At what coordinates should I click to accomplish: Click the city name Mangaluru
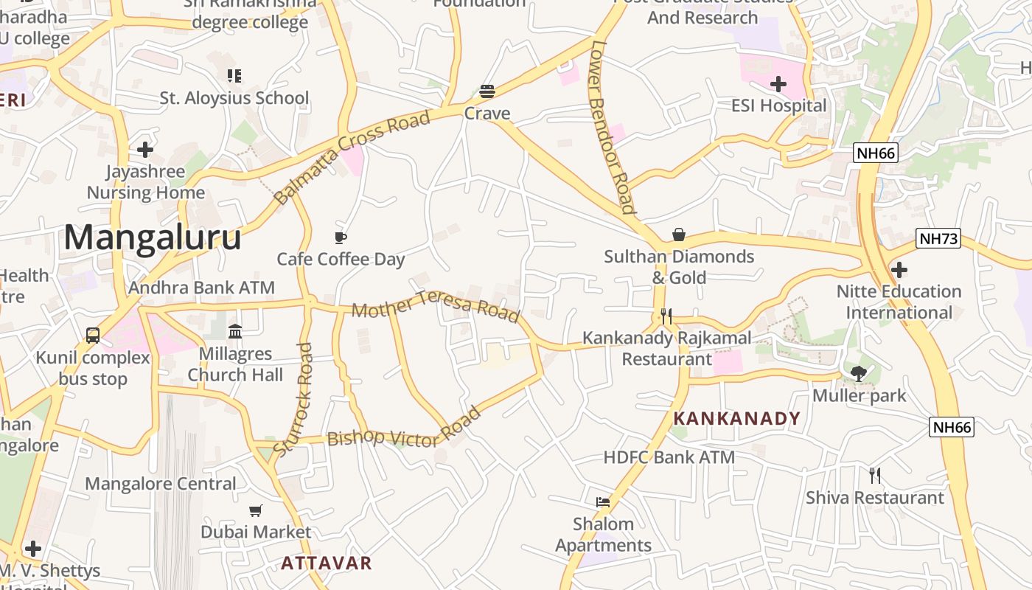tap(153, 237)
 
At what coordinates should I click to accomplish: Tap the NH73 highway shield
tap(938, 238)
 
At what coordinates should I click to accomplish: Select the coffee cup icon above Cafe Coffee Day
tap(341, 237)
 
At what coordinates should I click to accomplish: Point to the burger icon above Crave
tap(487, 91)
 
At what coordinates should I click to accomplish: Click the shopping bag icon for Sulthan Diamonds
tap(678, 235)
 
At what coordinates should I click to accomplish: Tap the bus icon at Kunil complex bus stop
tap(93, 336)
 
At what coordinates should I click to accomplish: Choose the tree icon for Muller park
tap(858, 374)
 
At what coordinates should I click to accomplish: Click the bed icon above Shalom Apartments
tap(603, 502)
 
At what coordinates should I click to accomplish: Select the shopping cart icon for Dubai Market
tap(256, 510)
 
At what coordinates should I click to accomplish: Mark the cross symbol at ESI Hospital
tap(778, 84)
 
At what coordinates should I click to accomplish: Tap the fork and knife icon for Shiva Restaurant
tap(874, 476)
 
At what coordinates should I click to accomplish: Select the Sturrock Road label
tap(293, 398)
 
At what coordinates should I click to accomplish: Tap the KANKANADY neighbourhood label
tap(736, 419)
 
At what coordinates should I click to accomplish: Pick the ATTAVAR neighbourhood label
tap(327, 563)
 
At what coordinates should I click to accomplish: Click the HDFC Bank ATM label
tap(669, 457)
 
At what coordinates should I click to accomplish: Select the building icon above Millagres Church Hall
tap(235, 332)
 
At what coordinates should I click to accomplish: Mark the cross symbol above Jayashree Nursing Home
tap(145, 150)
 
